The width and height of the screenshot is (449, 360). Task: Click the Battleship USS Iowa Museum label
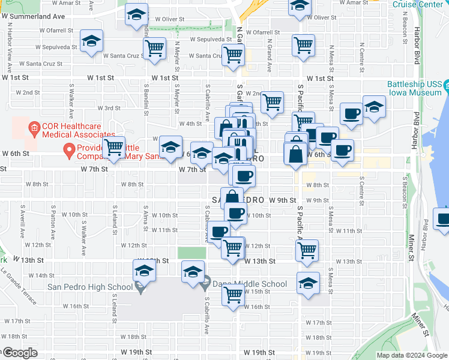coord(414,89)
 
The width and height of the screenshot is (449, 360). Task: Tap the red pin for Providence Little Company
coord(70,151)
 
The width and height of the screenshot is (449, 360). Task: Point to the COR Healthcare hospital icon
coord(34,127)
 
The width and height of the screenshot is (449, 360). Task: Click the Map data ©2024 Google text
coord(411,355)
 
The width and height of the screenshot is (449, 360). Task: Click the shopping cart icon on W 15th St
coord(232,294)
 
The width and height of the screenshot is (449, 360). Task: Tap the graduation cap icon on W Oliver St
coord(137,14)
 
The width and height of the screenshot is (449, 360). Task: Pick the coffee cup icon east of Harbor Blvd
coord(443,219)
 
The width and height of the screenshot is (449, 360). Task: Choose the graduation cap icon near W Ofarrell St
coord(91,41)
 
